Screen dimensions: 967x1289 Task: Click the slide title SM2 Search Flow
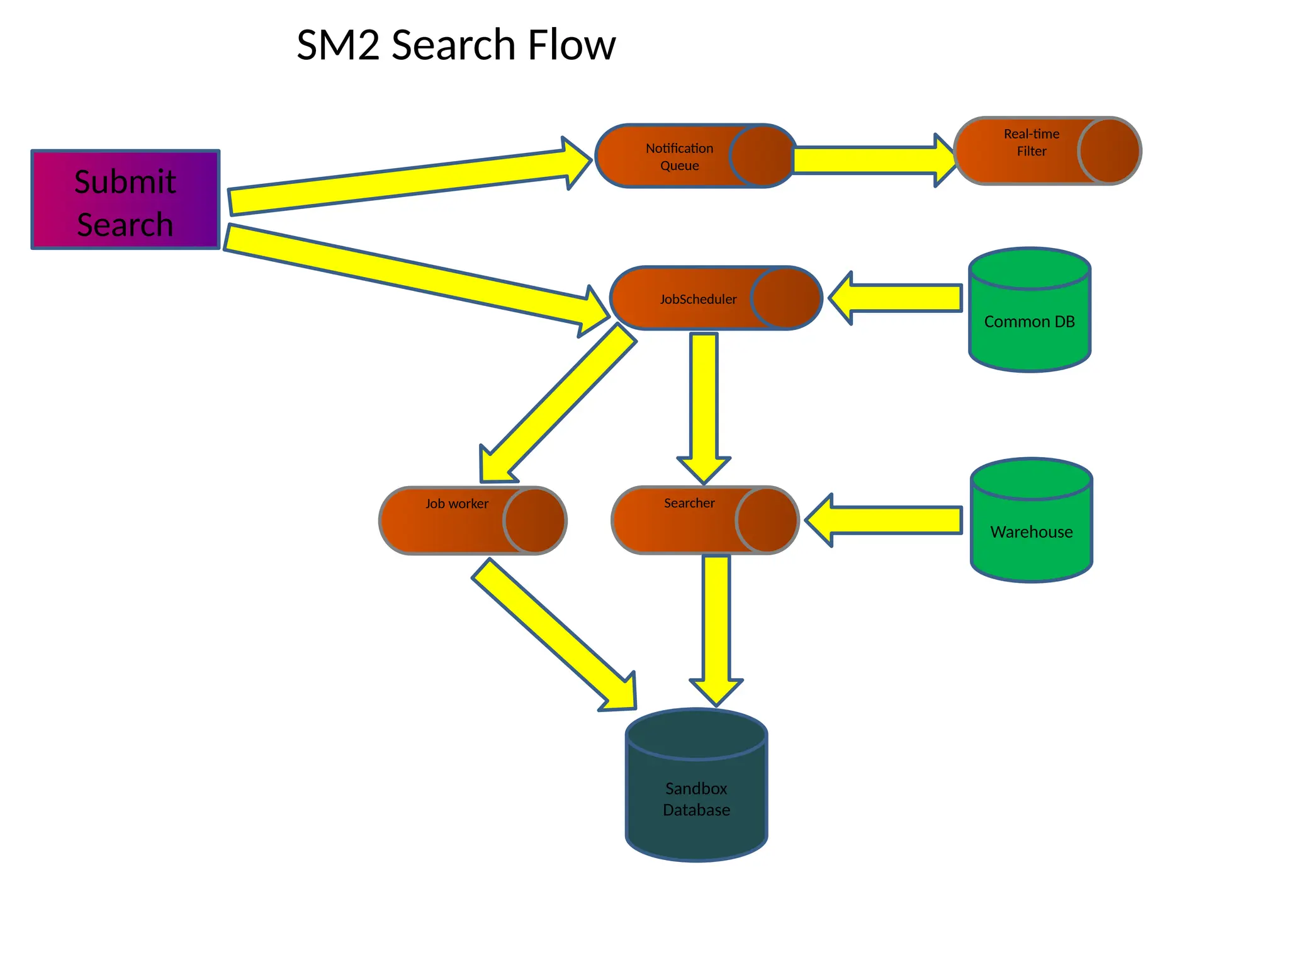tap(456, 45)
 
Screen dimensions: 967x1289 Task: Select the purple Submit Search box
tap(125, 200)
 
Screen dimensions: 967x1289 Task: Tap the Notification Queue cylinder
tap(680, 157)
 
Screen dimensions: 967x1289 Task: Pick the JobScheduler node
tap(699, 299)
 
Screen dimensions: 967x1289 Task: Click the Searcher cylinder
tap(689, 520)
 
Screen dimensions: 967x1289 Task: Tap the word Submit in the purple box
tap(125, 182)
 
